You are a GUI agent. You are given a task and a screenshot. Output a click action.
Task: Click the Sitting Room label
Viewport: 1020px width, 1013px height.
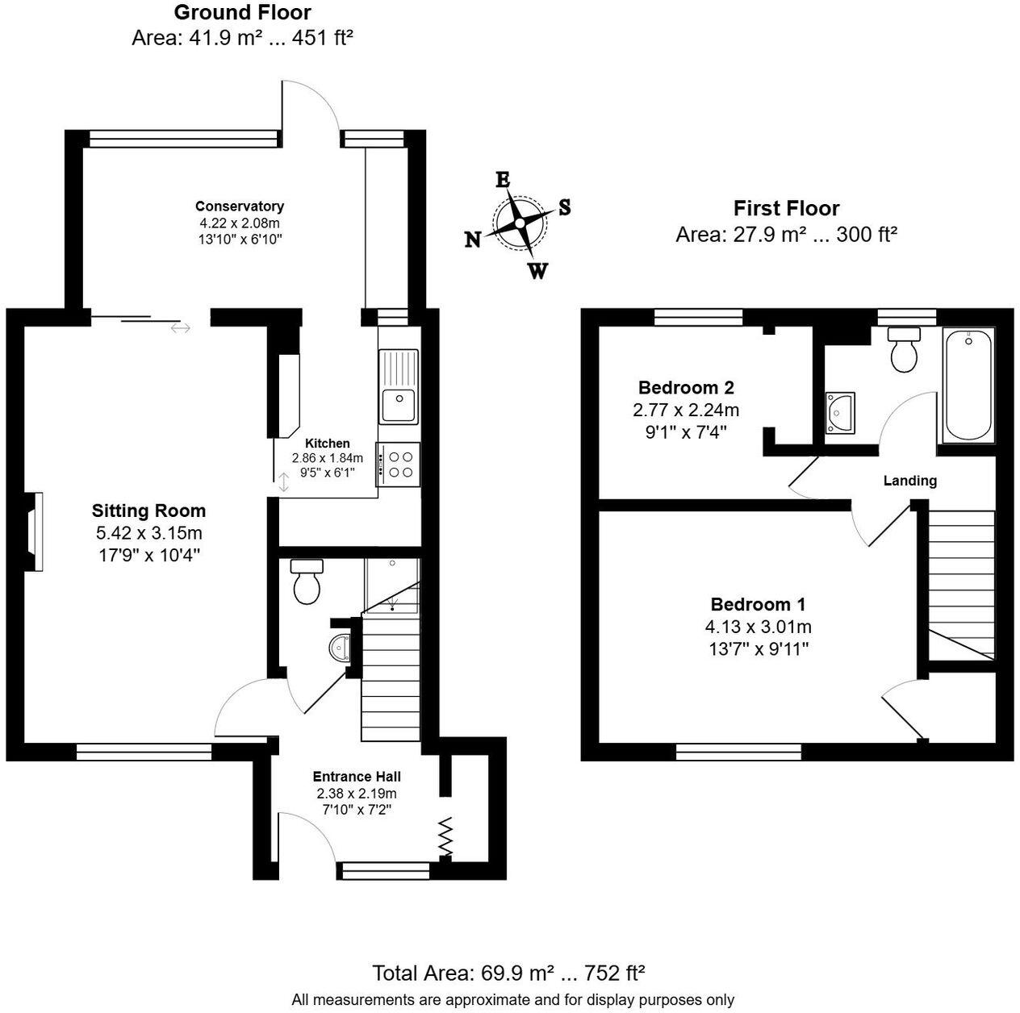(x=148, y=511)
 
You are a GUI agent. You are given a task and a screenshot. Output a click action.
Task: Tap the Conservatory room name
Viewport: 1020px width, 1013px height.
(x=240, y=206)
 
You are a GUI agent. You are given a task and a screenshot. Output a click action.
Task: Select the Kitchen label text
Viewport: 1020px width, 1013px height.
(x=327, y=444)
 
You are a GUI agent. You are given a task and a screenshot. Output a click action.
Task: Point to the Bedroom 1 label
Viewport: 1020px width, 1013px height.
(x=758, y=604)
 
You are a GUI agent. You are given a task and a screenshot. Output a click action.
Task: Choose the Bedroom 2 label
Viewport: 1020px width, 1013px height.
(x=685, y=387)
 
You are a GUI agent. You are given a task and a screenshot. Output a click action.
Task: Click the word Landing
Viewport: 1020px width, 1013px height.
(x=909, y=481)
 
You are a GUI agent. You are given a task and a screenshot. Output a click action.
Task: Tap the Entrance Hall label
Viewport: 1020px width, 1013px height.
(x=357, y=777)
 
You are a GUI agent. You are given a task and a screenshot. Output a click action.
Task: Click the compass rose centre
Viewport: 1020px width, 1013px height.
(x=519, y=223)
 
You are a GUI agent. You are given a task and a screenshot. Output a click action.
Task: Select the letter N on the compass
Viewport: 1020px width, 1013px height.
(x=473, y=240)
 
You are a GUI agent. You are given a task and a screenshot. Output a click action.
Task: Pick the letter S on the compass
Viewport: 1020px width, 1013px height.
(x=565, y=207)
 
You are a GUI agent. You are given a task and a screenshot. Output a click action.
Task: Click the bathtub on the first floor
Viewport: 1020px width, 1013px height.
(x=968, y=385)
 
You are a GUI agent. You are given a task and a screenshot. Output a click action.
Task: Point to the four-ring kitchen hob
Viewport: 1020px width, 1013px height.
(x=398, y=465)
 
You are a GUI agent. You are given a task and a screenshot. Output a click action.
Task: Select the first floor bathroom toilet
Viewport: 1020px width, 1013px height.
(x=904, y=348)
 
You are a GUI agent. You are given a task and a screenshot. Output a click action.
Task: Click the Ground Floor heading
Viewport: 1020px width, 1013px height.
(x=242, y=13)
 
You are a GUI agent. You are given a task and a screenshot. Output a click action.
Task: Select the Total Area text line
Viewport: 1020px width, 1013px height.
(x=508, y=973)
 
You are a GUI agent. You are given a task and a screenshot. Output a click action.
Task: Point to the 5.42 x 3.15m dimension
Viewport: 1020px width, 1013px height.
(x=148, y=533)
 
